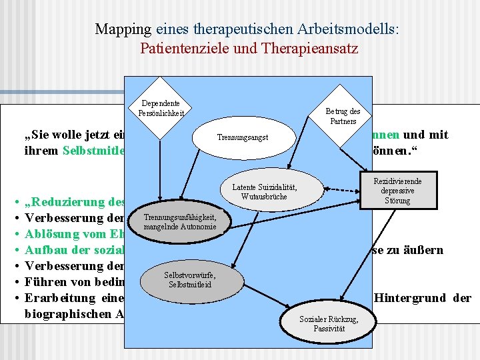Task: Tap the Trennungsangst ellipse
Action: click(243, 137)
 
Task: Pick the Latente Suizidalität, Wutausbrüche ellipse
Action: click(264, 191)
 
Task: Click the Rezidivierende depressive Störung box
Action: click(397, 191)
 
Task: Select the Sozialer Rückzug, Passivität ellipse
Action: click(329, 323)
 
